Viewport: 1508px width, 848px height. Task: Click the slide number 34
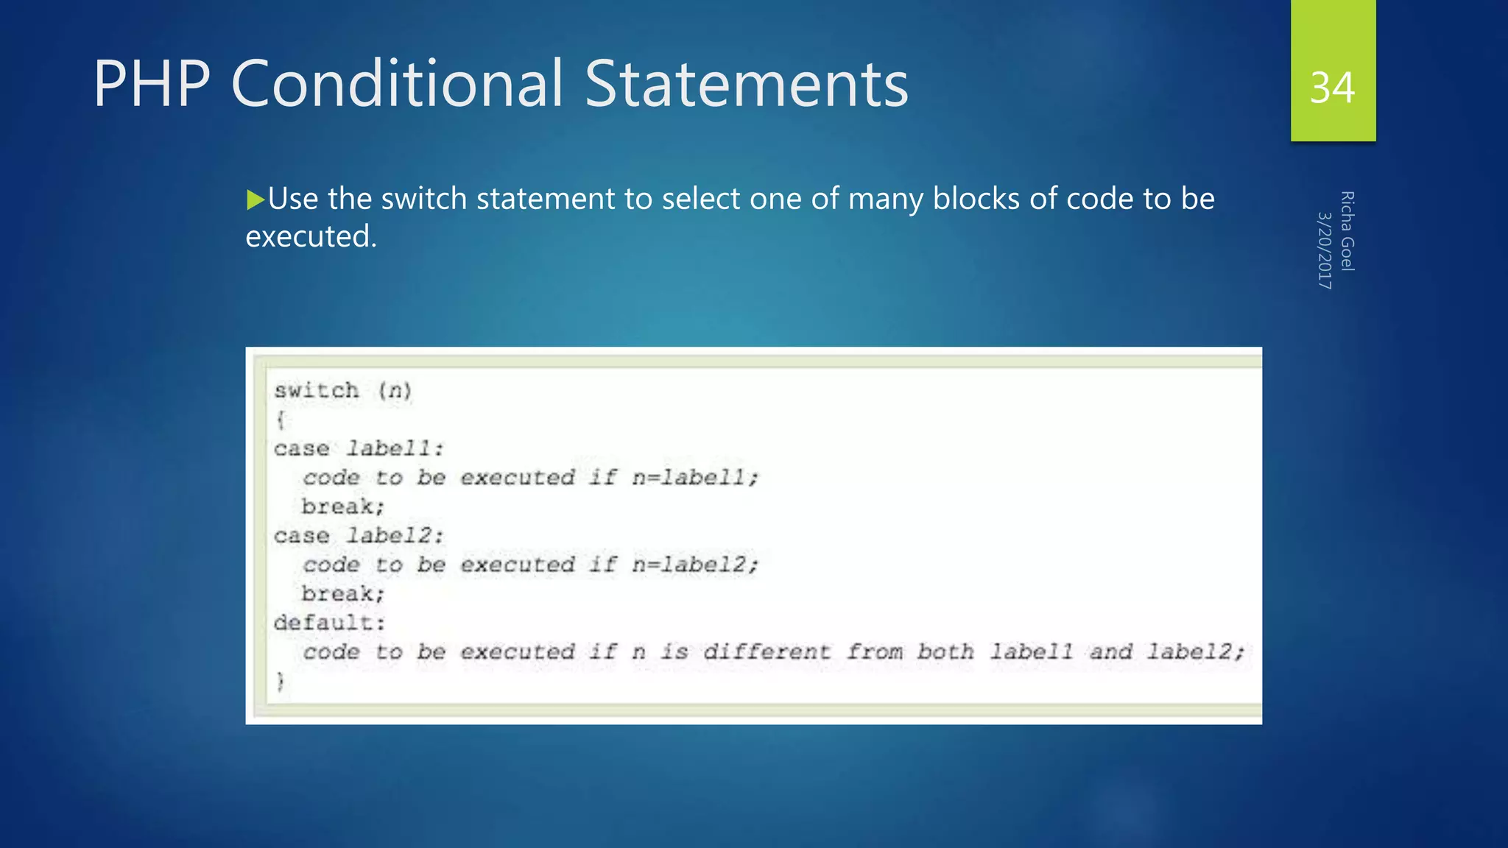(x=1332, y=88)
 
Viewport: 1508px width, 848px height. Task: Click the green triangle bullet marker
(x=255, y=199)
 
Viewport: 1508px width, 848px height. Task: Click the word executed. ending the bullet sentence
(x=311, y=237)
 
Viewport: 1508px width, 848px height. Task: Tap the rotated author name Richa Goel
(x=1347, y=231)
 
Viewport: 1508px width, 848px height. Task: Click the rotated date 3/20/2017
(x=1324, y=250)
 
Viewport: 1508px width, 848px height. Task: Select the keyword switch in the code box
(x=317, y=390)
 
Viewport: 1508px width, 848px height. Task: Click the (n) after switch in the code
(x=395, y=390)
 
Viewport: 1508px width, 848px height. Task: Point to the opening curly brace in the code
(x=281, y=420)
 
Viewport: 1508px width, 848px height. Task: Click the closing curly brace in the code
(x=281, y=681)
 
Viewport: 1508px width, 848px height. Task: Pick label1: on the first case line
(x=395, y=448)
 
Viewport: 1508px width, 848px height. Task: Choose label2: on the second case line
(x=395, y=535)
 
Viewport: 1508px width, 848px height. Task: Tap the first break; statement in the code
(x=342, y=506)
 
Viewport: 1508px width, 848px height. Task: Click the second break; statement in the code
(x=342, y=593)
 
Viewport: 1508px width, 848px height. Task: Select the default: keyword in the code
(x=329, y=623)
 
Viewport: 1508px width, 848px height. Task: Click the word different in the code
(x=767, y=651)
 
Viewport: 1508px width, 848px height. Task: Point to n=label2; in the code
(x=694, y=565)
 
